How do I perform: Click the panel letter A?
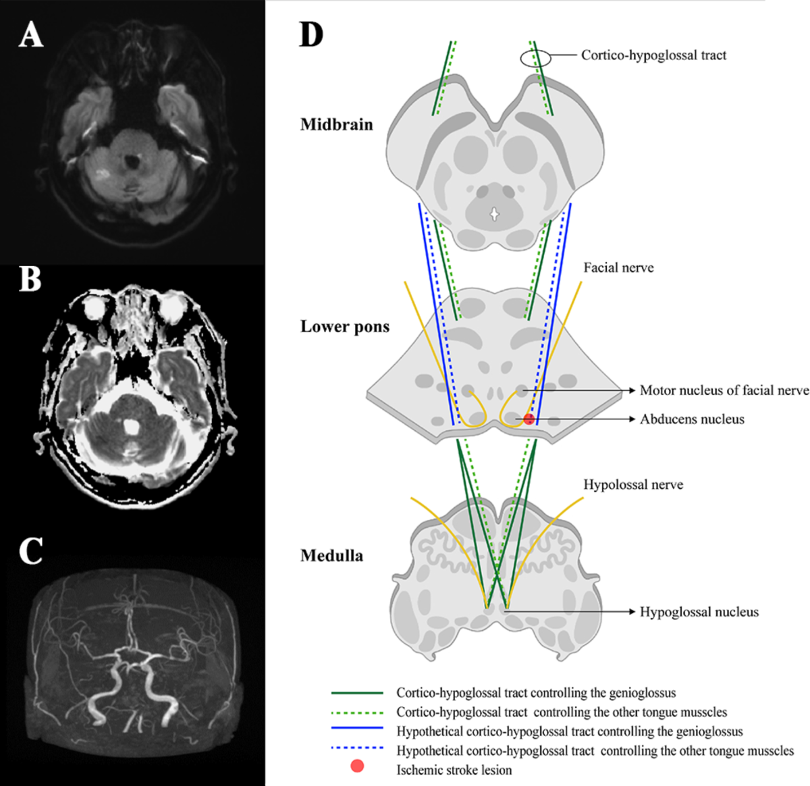31,34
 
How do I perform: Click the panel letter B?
30,278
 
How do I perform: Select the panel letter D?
311,34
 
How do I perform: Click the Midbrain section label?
336,124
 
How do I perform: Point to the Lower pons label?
345,327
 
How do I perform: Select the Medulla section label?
331,556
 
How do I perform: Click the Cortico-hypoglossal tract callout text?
653,55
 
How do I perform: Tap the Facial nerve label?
618,267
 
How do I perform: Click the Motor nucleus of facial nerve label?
724,390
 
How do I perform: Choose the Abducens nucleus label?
692,419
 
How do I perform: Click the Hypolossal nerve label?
632,485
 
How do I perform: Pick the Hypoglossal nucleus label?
699,612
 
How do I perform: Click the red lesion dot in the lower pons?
529,419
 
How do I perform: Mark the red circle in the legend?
357,766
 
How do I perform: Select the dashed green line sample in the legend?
357,712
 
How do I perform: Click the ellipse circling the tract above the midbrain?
535,59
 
